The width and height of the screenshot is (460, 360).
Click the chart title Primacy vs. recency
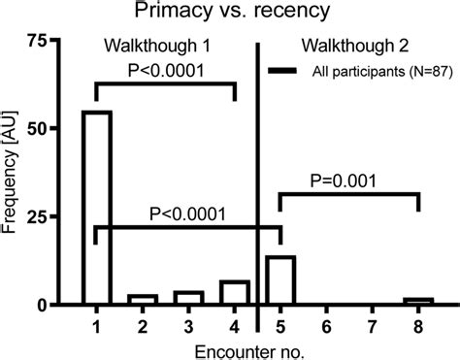tap(229, 14)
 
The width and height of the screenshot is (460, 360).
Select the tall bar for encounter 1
tap(96, 208)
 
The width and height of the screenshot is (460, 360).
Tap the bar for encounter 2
tap(142, 300)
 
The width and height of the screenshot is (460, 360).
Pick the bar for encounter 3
tap(188, 298)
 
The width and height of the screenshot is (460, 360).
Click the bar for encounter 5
tap(280, 280)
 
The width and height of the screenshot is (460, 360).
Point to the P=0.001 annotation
tap(349, 180)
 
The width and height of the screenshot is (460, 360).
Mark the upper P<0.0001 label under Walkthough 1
tap(166, 71)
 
